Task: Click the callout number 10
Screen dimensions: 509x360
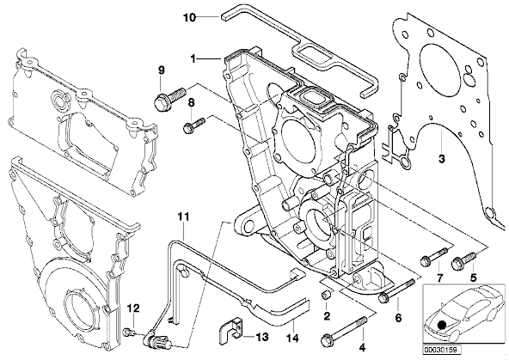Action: pos(189,17)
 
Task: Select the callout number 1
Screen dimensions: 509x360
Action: pos(193,59)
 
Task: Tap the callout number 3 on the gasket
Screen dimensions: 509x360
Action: pos(441,159)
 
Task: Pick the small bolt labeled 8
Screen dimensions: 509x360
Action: pos(193,125)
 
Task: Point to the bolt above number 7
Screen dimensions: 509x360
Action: pos(434,257)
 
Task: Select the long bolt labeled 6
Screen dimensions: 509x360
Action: pos(396,290)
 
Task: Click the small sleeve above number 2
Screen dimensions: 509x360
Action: pos(326,296)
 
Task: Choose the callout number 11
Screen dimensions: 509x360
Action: pos(183,217)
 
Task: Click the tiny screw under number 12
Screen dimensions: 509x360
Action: pos(127,332)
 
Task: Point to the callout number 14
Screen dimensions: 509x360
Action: pos(292,338)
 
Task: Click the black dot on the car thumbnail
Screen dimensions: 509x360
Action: pos(441,325)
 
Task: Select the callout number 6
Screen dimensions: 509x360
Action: pos(397,318)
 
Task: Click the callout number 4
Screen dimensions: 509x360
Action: pos(362,348)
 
